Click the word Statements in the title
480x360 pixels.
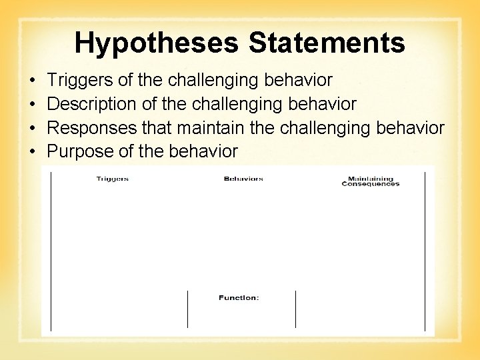coord(327,43)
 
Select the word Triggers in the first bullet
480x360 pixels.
coord(79,81)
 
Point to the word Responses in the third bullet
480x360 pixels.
coord(92,128)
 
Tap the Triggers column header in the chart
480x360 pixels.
coord(112,179)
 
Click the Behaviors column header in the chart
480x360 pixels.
coord(243,179)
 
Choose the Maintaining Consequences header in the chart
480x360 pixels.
coord(371,181)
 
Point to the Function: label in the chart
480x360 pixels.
coord(239,297)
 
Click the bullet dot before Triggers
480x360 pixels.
coord(33,81)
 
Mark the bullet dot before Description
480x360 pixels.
coord(33,105)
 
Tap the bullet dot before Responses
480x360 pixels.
coord(33,128)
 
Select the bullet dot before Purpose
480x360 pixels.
coord(33,152)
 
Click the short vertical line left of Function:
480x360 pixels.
coord(187,309)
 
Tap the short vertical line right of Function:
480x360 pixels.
coord(295,309)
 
